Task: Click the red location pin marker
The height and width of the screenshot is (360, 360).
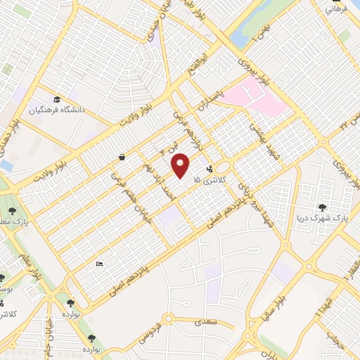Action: click(x=181, y=165)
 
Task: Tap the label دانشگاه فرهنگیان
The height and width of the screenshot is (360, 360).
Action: click(x=75, y=110)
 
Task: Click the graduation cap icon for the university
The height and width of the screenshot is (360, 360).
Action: click(x=56, y=99)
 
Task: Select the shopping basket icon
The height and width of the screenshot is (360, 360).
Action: click(x=122, y=157)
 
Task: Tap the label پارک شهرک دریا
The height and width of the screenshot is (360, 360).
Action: click(x=322, y=217)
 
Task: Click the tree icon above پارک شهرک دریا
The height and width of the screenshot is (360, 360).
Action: click(x=322, y=207)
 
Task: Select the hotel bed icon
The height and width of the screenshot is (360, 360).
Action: click(x=99, y=264)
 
